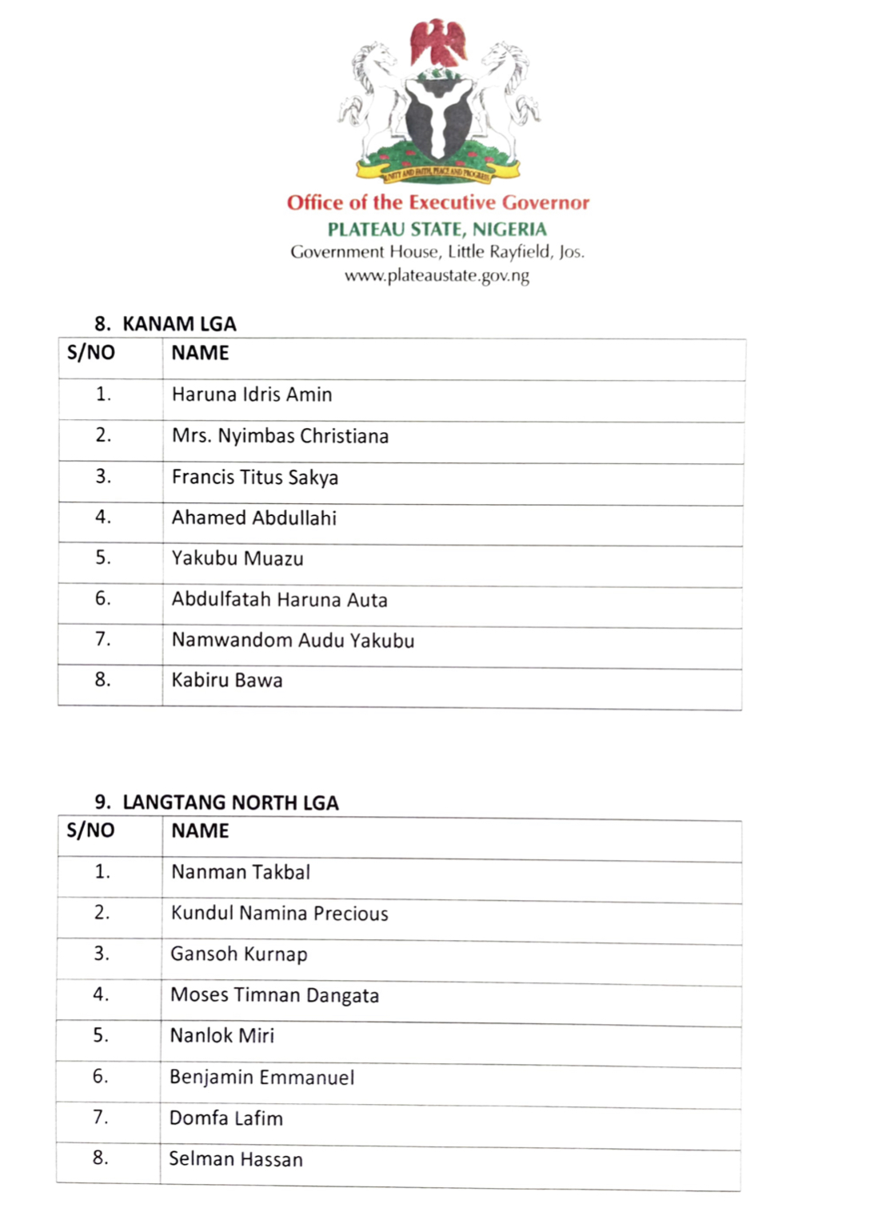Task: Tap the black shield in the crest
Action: (x=437, y=117)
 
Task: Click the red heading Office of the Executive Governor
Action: (x=438, y=202)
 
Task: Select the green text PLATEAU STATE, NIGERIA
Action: (x=437, y=229)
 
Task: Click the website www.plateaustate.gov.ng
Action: (x=437, y=276)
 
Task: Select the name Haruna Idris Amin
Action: (x=252, y=394)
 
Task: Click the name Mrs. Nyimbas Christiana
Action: (x=280, y=436)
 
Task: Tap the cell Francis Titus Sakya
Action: (x=254, y=478)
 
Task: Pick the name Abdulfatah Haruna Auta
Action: (x=279, y=600)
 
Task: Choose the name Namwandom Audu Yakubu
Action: (x=293, y=641)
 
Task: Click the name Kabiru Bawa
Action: (x=227, y=681)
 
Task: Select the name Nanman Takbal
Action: (x=241, y=872)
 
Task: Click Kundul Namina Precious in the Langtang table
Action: (x=279, y=914)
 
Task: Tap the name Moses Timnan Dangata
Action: (x=274, y=995)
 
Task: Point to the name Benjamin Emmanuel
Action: (x=261, y=1078)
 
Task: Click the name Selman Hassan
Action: (x=236, y=1159)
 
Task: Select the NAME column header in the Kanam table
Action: (x=200, y=353)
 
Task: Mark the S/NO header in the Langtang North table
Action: (x=90, y=830)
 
